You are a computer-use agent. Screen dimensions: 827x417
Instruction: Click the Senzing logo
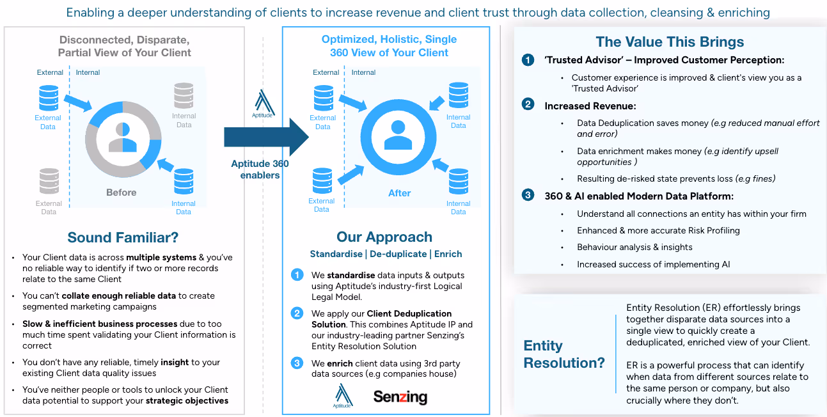coord(400,397)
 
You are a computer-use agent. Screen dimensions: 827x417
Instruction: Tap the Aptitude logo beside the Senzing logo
coord(343,395)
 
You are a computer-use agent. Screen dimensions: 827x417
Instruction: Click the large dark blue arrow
coord(266,137)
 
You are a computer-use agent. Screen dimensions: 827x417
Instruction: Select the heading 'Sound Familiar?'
coord(123,237)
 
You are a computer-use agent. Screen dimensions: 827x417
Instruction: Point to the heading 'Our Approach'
coord(384,237)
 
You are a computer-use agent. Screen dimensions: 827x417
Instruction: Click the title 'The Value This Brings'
coord(670,42)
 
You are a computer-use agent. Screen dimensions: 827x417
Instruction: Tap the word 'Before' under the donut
coord(121,193)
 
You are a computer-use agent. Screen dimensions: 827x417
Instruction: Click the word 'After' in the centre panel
coord(399,193)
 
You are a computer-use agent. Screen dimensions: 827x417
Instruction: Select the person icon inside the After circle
coord(398,135)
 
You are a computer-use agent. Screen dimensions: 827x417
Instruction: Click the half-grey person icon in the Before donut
coord(123,137)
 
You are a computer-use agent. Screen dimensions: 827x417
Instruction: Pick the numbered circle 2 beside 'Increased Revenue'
coord(528,104)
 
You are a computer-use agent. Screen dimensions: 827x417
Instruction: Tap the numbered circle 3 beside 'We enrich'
coord(297,363)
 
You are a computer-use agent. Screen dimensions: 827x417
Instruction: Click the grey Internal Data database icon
coord(184,95)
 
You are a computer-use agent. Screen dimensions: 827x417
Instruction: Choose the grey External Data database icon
coord(49,181)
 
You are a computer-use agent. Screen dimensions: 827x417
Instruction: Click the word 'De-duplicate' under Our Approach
coord(398,254)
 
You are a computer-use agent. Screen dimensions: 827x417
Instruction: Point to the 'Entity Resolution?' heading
coord(564,354)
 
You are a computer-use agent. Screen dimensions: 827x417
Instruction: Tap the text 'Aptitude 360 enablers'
coord(260,169)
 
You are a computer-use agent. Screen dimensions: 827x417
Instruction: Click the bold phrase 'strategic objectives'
coord(187,401)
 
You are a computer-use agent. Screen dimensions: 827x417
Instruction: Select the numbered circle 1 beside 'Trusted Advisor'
coord(528,59)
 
